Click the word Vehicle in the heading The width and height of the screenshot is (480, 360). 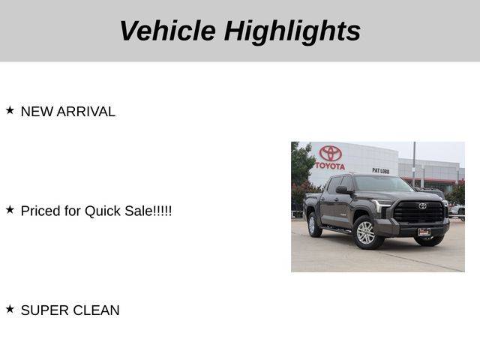pyautogui.click(x=168, y=31)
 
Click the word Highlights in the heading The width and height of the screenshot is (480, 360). pyautogui.click(x=292, y=32)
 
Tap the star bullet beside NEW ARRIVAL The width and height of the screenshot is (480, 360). pyautogui.click(x=10, y=110)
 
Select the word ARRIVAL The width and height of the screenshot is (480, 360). pyautogui.click(x=86, y=112)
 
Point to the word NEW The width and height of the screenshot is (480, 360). pyautogui.click(x=37, y=112)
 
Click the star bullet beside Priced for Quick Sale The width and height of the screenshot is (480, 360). pyautogui.click(x=10, y=210)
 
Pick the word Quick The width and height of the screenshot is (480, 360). pyautogui.click(x=103, y=211)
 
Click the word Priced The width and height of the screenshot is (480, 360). pyautogui.click(x=40, y=211)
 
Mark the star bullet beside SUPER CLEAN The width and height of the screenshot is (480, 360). pyautogui.click(x=10, y=309)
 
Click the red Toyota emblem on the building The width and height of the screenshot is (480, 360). pyautogui.click(x=330, y=153)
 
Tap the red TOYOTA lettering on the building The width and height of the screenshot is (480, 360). pyautogui.click(x=330, y=166)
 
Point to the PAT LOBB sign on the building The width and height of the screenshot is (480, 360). pyautogui.click(x=381, y=171)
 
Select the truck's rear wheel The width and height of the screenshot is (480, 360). pyautogui.click(x=313, y=225)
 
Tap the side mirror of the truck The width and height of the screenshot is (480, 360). pyautogui.click(x=343, y=190)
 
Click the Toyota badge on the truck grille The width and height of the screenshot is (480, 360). pyautogui.click(x=422, y=206)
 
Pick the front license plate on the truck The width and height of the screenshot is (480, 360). pyautogui.click(x=424, y=232)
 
